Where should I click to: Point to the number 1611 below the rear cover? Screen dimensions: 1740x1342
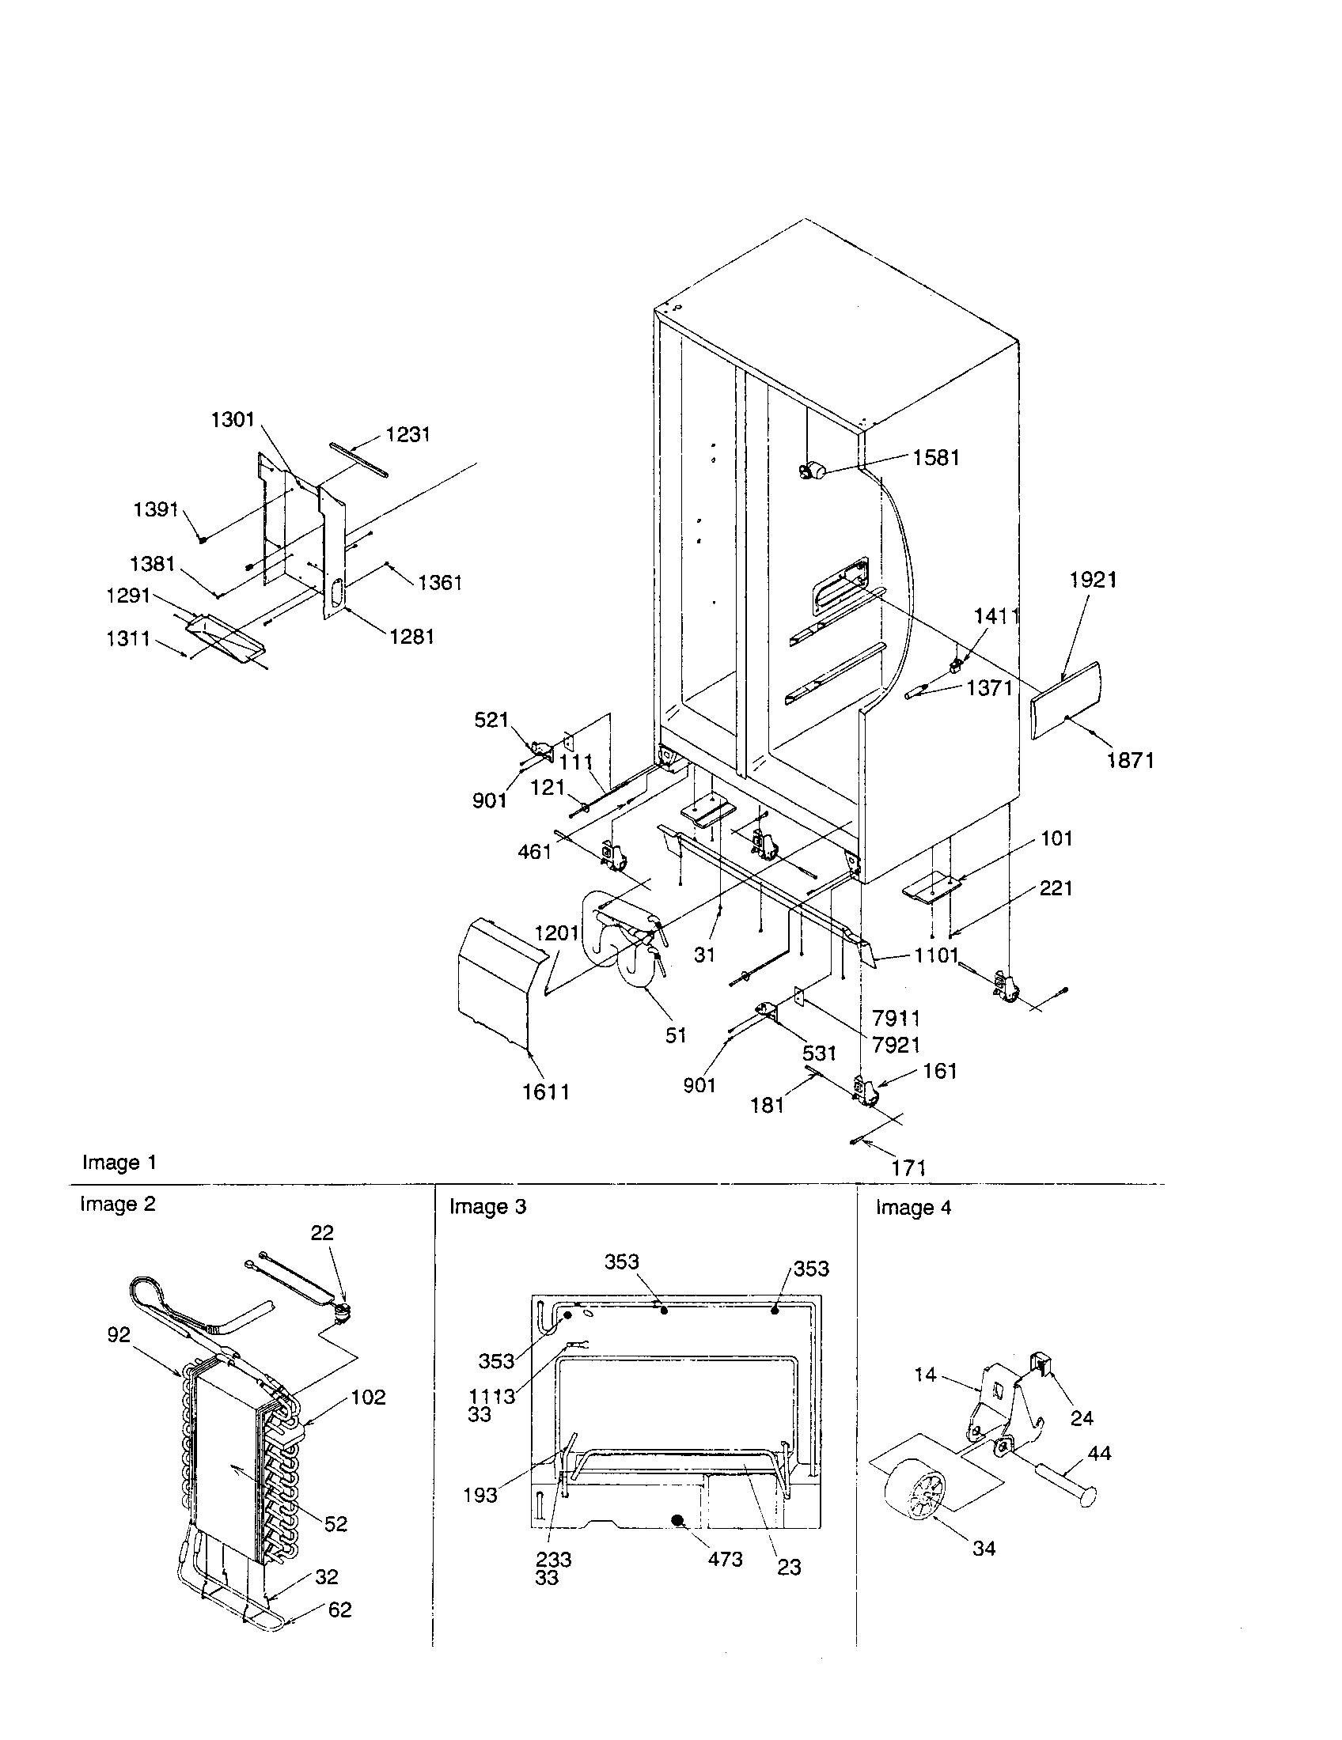point(546,1091)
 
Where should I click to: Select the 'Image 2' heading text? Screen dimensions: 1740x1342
point(118,1204)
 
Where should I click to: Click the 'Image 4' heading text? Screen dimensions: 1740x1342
point(913,1208)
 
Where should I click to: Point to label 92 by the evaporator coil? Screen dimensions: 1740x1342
point(119,1334)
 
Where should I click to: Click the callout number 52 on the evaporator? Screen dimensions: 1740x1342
point(335,1523)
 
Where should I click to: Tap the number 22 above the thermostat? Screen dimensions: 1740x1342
point(322,1232)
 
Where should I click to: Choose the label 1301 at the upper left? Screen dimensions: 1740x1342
point(232,420)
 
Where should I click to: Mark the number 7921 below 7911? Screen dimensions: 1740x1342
point(897,1045)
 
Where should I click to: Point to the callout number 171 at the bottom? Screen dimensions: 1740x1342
point(908,1168)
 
